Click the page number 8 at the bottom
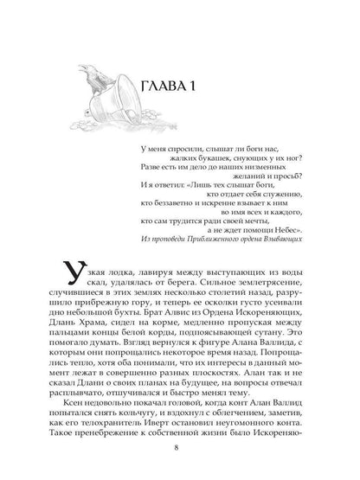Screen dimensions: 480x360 (179, 450)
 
